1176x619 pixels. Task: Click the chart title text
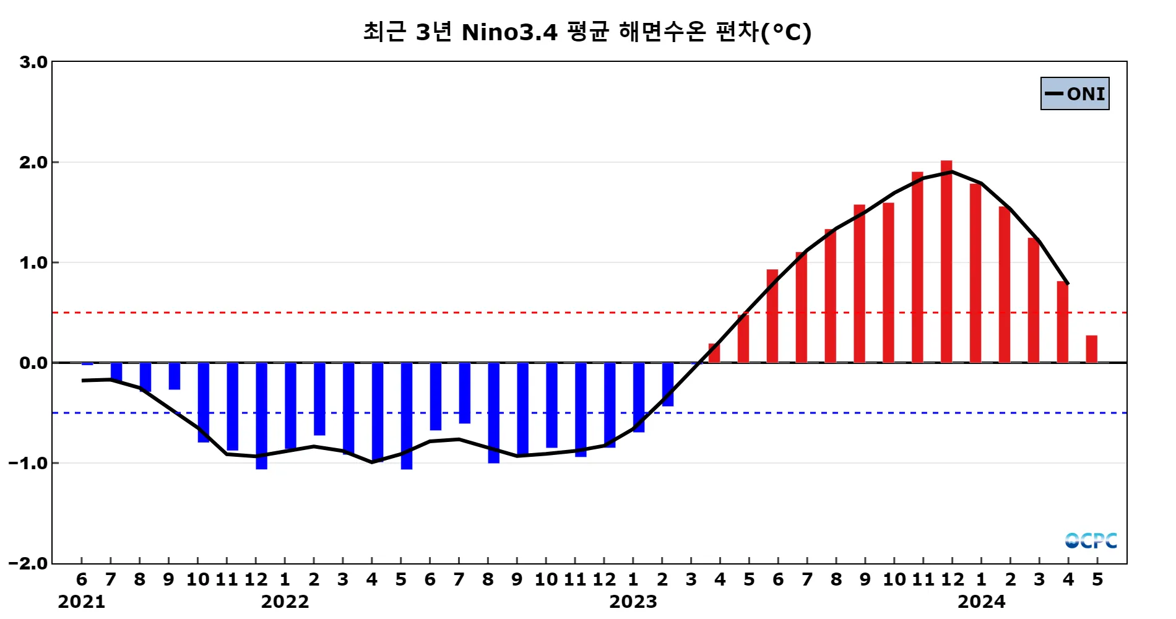(587, 32)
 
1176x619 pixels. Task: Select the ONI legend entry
(1074, 93)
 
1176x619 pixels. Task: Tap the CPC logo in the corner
(1091, 540)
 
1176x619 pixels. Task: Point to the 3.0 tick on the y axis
(33, 62)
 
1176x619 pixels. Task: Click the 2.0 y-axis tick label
(33, 162)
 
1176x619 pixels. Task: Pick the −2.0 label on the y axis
(28, 563)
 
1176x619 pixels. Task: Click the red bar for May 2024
(1091, 349)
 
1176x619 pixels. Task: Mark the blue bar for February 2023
(668, 384)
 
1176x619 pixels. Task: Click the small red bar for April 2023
(714, 353)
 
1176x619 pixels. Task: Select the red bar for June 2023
(772, 316)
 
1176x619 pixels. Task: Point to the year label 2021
(81, 602)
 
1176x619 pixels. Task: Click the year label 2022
(285, 602)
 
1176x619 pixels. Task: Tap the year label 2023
(633, 602)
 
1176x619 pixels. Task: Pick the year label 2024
(982, 602)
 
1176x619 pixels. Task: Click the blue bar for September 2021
(175, 376)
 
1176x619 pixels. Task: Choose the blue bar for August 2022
(493, 413)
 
